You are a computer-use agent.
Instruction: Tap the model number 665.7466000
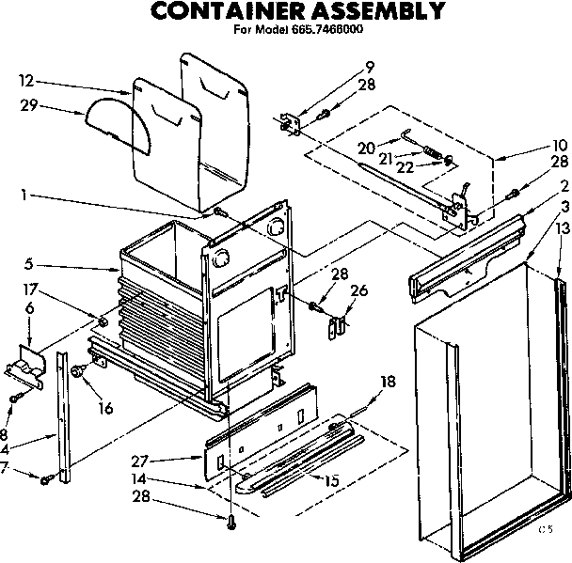[324, 30]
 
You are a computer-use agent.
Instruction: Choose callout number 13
[563, 228]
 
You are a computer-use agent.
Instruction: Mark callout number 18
[387, 381]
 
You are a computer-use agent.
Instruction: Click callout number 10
[562, 146]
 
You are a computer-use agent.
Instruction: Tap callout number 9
[370, 66]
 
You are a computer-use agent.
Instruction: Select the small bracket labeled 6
[26, 362]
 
